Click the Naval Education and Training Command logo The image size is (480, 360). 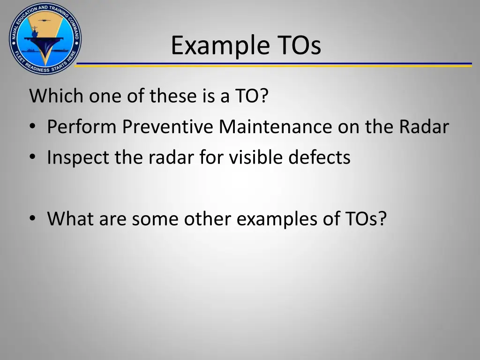tap(45, 38)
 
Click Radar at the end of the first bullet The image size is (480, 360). tap(424, 127)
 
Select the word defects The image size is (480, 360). tap(319, 158)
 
